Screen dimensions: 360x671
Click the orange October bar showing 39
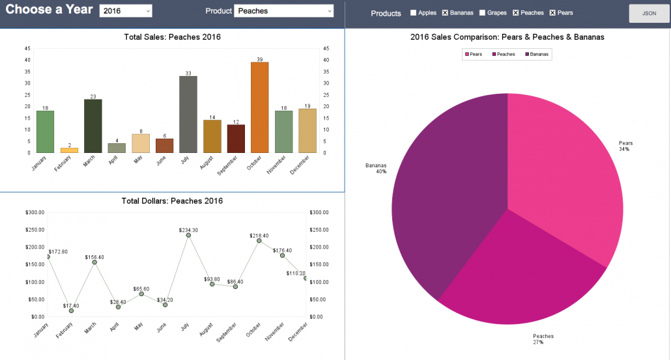coord(260,107)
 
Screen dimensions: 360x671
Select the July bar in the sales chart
coord(188,115)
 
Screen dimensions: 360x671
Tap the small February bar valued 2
coord(69,150)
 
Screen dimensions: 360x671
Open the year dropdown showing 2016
coord(126,11)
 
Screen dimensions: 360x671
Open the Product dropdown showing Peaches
coord(284,11)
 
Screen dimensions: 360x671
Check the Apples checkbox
coord(413,13)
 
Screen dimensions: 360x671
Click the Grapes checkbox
coord(482,13)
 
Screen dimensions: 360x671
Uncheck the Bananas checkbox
coord(445,13)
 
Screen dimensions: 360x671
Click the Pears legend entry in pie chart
coord(474,54)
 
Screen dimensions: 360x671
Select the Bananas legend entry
coord(537,54)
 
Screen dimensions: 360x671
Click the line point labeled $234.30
coord(188,235)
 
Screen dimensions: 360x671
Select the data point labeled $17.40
coord(71,311)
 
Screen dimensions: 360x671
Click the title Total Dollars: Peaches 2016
coord(172,201)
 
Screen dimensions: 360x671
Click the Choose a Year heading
coord(50,10)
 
